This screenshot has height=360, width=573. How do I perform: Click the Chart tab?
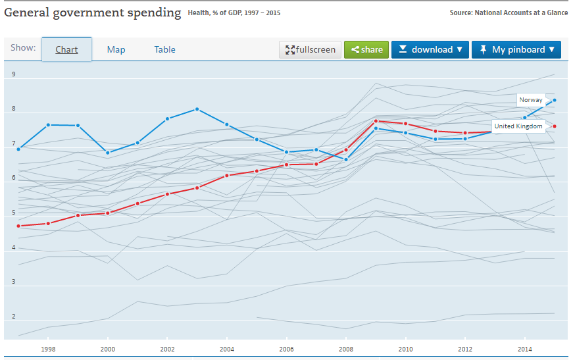[x=66, y=49]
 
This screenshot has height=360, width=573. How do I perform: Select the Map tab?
[x=116, y=49]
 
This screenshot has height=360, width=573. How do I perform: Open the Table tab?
[x=164, y=49]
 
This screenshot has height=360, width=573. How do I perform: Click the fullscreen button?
[x=311, y=49]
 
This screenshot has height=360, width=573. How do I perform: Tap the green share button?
[x=366, y=49]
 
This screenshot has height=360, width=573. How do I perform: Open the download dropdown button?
[x=430, y=49]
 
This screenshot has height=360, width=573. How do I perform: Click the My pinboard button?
[x=516, y=49]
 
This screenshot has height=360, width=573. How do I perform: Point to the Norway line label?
[x=531, y=100]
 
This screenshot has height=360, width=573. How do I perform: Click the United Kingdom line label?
[x=518, y=126]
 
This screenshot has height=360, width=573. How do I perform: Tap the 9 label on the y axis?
[x=13, y=74]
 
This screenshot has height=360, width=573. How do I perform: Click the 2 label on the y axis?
[x=13, y=317]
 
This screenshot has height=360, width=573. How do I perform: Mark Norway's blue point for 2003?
[x=197, y=109]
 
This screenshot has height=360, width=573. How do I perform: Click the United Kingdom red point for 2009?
[x=376, y=121]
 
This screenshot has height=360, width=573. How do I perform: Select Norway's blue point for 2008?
[x=346, y=159]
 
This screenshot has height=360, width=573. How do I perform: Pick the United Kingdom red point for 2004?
[x=227, y=176]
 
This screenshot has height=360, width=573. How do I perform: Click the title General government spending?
[x=92, y=13]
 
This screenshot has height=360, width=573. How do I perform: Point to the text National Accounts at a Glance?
[x=520, y=13]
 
